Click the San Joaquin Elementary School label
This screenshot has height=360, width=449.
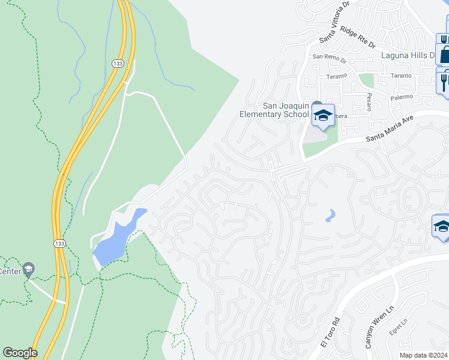274,110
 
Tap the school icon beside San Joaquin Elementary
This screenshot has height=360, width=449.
322,115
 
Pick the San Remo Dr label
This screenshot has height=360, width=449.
330,59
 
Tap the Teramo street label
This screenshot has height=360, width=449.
337,76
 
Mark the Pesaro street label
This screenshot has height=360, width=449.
369,98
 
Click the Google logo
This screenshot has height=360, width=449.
19,353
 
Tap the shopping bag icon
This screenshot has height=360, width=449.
445,54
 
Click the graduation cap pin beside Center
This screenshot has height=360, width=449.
28,270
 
